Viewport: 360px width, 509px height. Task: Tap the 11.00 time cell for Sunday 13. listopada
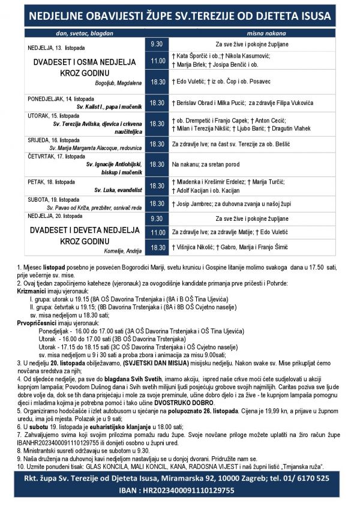[157, 61]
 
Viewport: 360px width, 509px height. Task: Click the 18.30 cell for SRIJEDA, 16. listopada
[157, 144]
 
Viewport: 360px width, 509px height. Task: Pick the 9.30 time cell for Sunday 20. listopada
[157, 218]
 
